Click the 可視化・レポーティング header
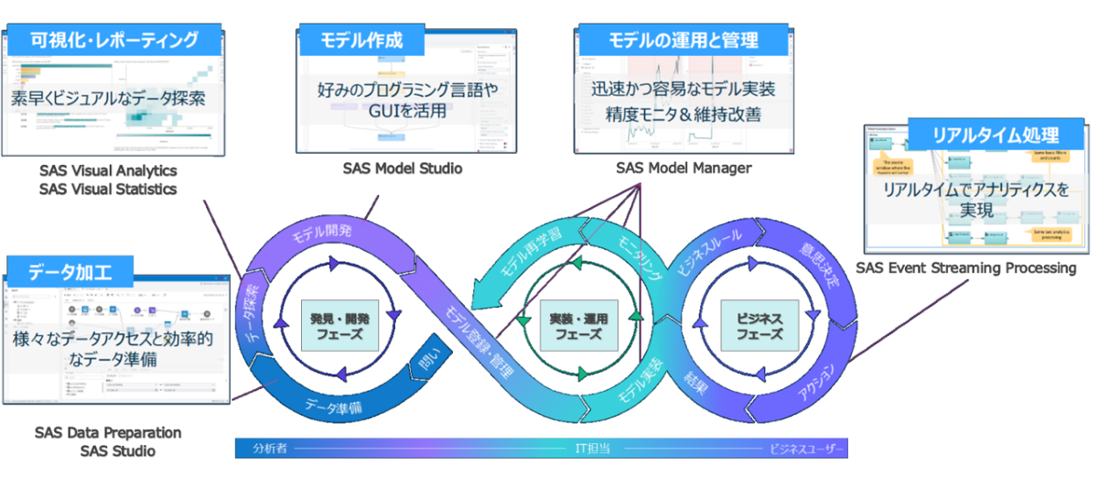click(x=114, y=40)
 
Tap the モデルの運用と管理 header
click(x=683, y=40)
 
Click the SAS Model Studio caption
click(x=403, y=168)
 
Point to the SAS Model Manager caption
click(x=684, y=168)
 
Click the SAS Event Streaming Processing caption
click(x=966, y=268)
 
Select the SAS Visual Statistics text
click(x=108, y=190)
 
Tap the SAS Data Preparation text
click(x=108, y=432)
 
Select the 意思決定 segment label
click(x=819, y=266)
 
